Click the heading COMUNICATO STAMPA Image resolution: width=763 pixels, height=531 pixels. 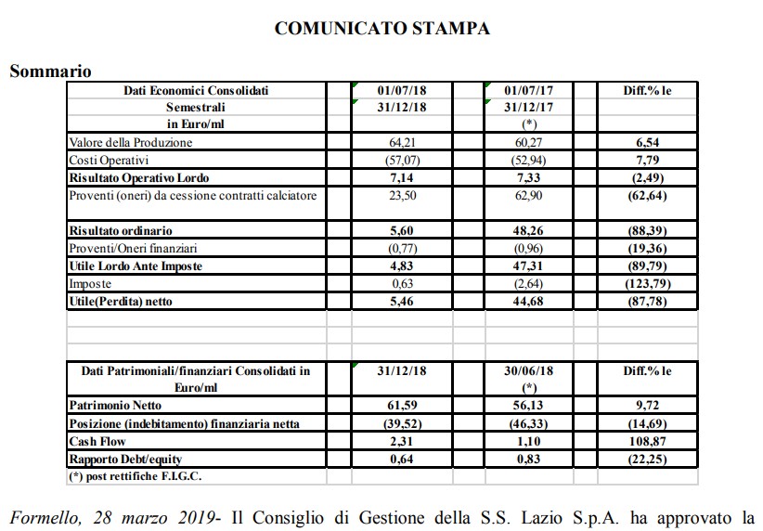click(382, 30)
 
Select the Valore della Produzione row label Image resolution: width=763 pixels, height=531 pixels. click(131, 143)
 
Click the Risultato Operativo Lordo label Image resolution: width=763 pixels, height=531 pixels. click(139, 177)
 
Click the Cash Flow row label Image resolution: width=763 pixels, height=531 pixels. click(98, 442)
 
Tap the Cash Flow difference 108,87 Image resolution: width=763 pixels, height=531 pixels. click(649, 442)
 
